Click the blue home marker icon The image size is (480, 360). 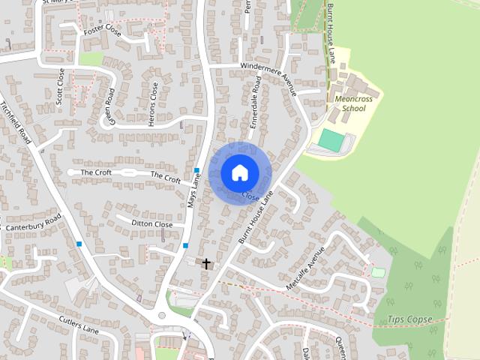[239, 172]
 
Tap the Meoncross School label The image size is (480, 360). [353, 103]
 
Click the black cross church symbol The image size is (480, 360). [206, 262]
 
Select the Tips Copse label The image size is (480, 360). [410, 319]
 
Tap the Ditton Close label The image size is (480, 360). [152, 224]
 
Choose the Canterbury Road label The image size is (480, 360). [32, 223]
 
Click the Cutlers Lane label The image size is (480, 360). [79, 324]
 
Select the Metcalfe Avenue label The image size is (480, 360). [306, 268]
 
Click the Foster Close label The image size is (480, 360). [103, 31]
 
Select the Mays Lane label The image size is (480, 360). [196, 191]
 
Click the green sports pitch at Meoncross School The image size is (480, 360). [330, 139]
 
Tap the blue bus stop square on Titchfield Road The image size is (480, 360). [79, 244]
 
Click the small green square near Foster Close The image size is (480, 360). [91, 58]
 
